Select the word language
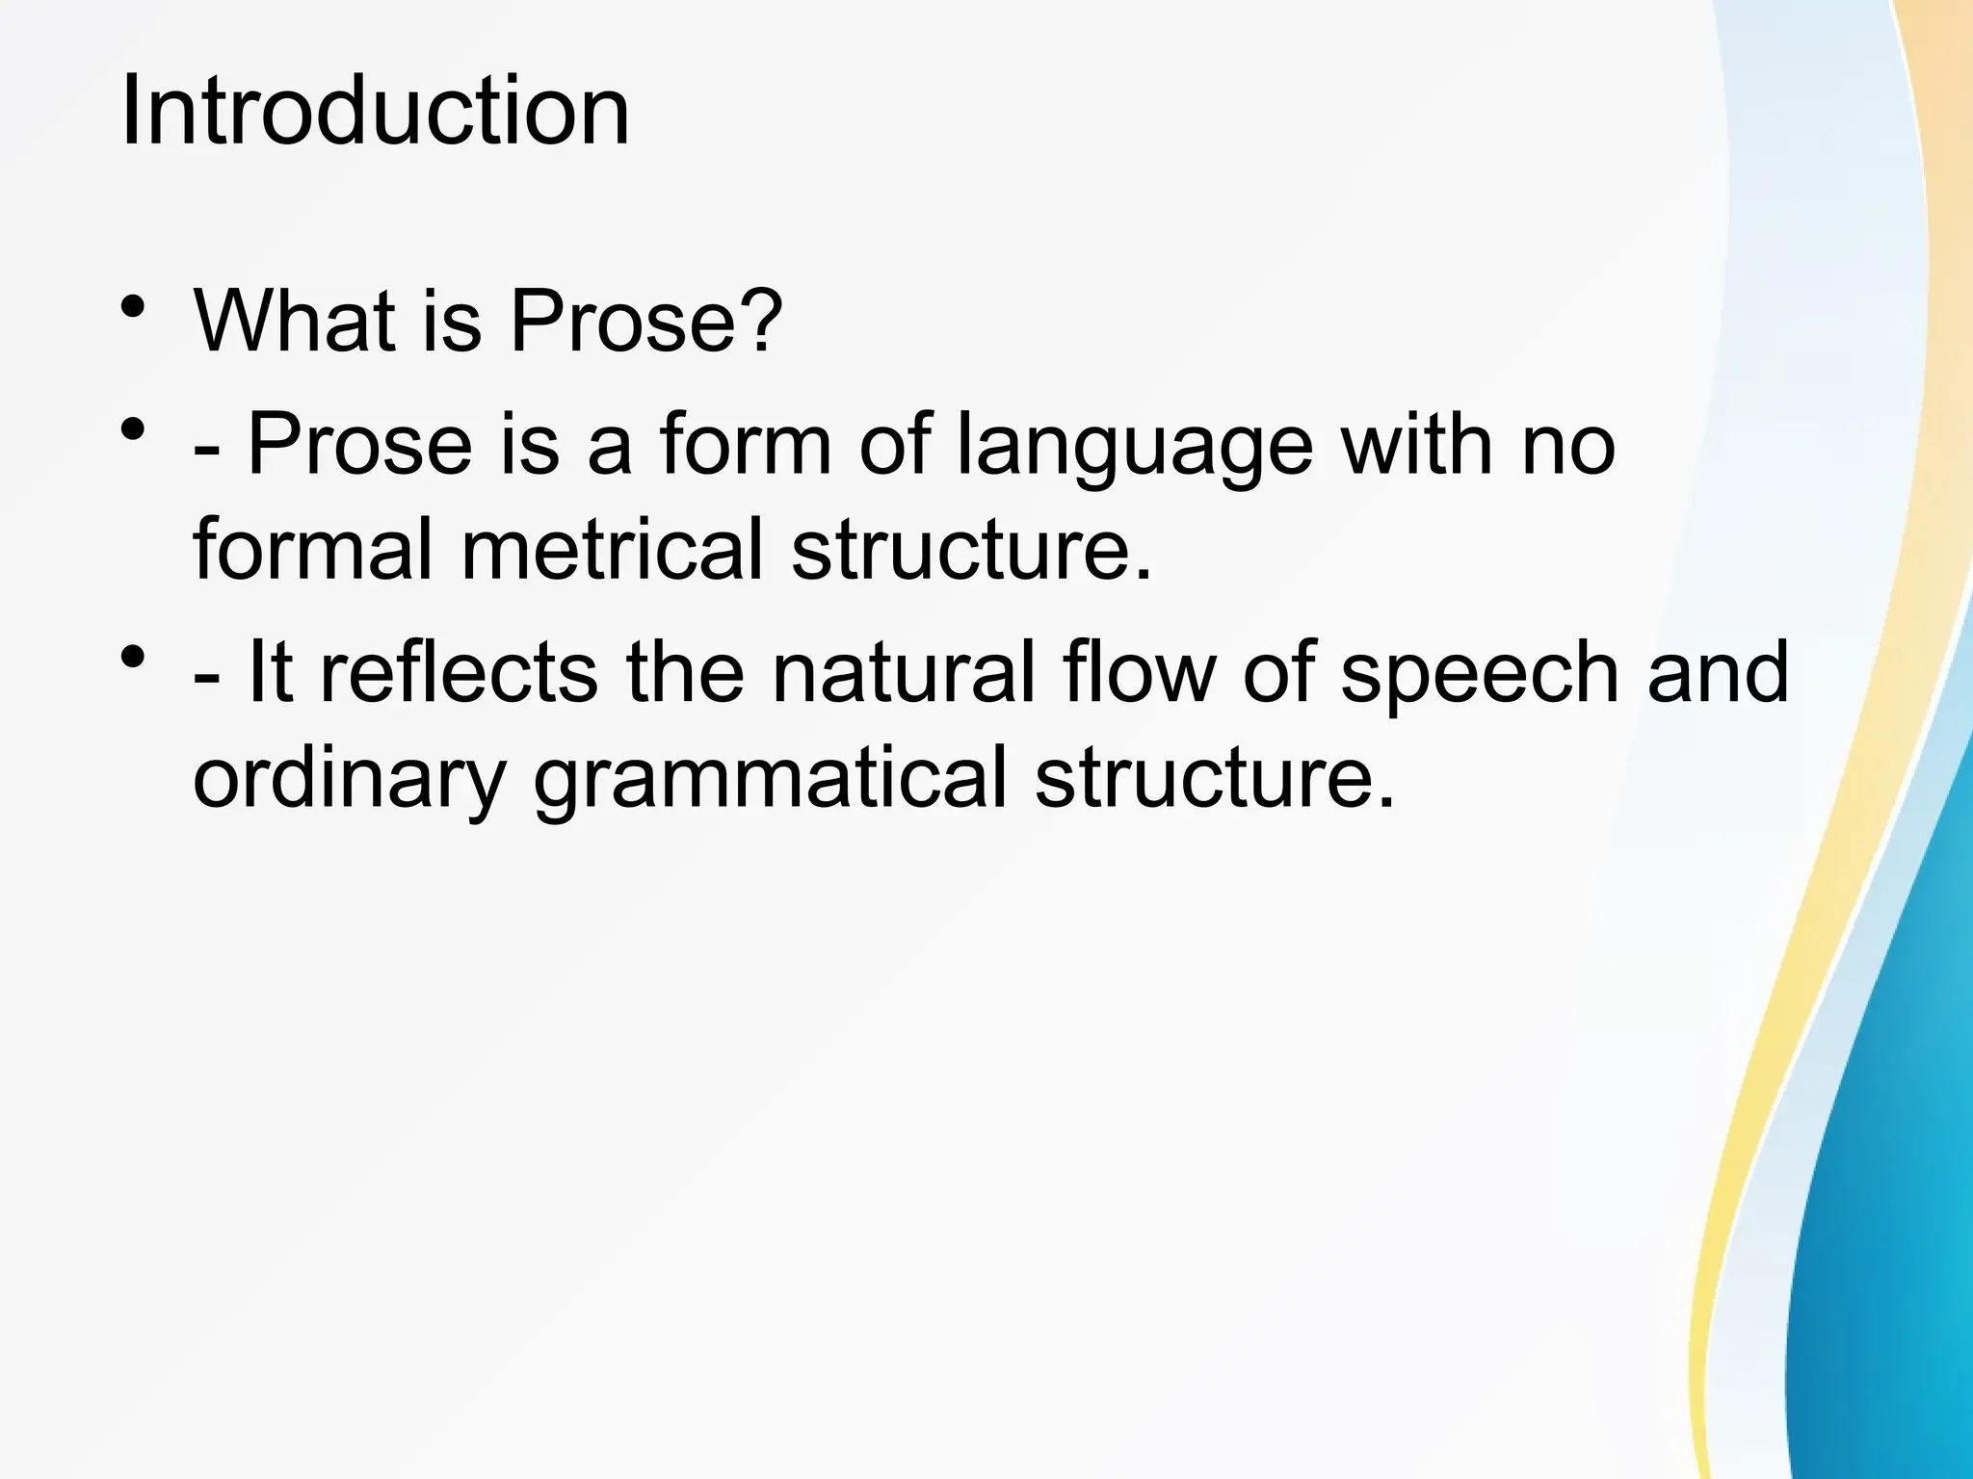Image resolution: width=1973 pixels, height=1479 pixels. point(1135,448)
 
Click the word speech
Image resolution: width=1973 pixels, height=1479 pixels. point(1480,674)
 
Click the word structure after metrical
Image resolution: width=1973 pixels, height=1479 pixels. point(970,551)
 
